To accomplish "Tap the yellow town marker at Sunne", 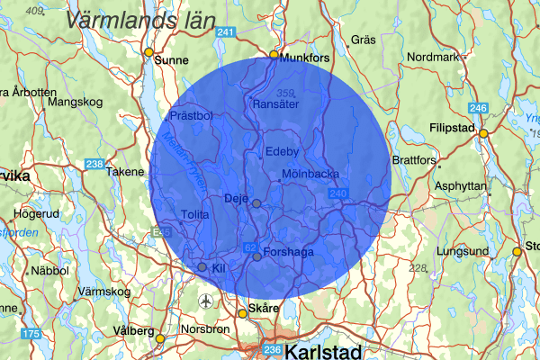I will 149,51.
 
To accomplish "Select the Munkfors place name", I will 306,58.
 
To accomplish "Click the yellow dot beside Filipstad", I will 483,133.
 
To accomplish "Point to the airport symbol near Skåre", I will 208,300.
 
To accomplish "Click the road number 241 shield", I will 226,33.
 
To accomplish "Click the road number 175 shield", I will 31,335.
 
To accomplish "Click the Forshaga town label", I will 289,253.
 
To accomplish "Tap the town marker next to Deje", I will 256,203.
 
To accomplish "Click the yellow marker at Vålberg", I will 160,339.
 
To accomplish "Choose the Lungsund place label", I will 462,250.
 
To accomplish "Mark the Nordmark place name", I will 434,57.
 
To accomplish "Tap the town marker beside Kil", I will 202,267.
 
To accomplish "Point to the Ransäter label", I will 275,104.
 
